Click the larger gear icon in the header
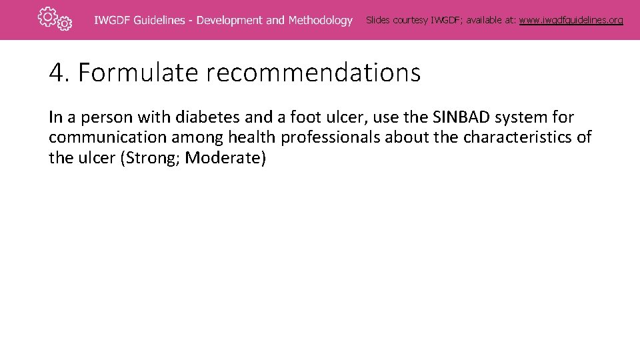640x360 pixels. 47,17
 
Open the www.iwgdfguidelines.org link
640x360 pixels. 571,20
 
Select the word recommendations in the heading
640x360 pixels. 313,73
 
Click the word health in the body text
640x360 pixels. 252,139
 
